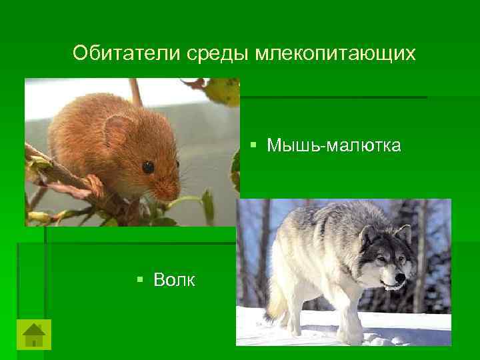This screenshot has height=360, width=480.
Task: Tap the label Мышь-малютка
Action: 333,145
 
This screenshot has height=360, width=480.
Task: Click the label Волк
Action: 174,280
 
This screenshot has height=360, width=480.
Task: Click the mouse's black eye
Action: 148,167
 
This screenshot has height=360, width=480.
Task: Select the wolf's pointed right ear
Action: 403,233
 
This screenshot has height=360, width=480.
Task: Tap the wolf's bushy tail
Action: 275,307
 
